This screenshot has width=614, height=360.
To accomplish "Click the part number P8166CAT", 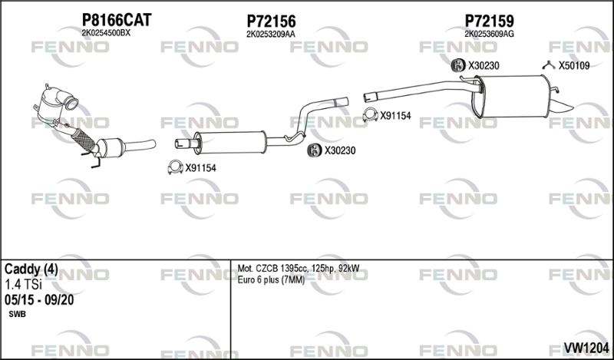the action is (117, 20).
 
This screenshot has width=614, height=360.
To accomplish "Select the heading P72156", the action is (271, 21).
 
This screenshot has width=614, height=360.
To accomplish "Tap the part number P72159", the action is (489, 21).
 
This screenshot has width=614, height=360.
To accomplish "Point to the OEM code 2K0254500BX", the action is (106, 33).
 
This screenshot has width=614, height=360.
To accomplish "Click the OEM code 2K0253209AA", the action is (271, 35).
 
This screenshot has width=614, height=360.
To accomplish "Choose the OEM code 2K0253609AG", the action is (489, 34).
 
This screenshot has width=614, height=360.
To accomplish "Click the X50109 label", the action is (573, 66).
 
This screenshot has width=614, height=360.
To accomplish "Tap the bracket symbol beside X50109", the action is (549, 65).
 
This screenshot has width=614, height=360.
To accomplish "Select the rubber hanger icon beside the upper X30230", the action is (457, 65).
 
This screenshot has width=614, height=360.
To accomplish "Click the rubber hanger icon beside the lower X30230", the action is (314, 150).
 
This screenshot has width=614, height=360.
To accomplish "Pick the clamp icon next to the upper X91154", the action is (370, 114).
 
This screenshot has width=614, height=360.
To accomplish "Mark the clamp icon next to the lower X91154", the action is (176, 167).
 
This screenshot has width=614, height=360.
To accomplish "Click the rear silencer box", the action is (511, 97).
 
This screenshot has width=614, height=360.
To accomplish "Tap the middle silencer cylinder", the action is (230, 143).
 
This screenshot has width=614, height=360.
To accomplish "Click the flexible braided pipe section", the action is (84, 139).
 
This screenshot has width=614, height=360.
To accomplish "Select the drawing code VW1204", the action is (586, 347).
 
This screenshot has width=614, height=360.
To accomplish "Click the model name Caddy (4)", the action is (31, 269).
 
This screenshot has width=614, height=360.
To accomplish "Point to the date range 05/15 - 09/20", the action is (39, 300).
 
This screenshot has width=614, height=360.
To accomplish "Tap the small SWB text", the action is (17, 314).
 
